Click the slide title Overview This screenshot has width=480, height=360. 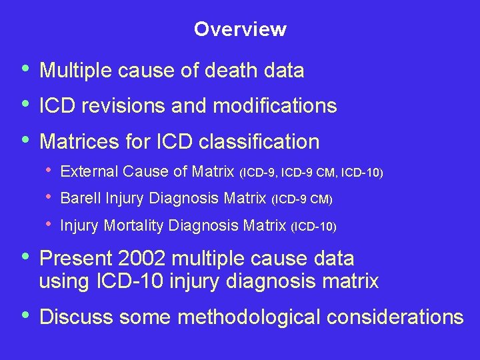[240, 29]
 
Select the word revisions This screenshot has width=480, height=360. [122, 105]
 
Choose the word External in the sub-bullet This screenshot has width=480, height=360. [83, 171]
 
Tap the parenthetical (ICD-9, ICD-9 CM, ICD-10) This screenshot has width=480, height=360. [311, 173]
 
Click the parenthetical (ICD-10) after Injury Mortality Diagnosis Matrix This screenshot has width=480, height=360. [314, 227]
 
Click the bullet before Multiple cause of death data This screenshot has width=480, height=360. [25, 69]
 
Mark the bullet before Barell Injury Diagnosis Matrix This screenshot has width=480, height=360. [50, 198]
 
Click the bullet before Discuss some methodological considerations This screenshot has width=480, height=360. [25, 315]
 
